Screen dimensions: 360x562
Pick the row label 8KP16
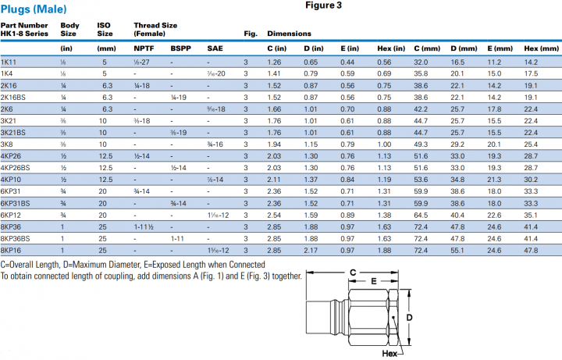point(11,251)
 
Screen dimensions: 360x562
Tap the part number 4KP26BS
point(16,168)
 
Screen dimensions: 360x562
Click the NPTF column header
point(144,48)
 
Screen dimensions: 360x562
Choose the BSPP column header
point(180,48)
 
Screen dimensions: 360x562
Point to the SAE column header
point(214,48)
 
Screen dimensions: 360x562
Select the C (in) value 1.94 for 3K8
point(274,144)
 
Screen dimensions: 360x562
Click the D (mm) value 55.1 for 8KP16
point(458,251)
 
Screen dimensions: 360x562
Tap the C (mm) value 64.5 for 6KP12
point(421,215)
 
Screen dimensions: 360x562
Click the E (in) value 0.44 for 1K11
point(347,62)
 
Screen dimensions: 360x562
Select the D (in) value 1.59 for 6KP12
point(311,215)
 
